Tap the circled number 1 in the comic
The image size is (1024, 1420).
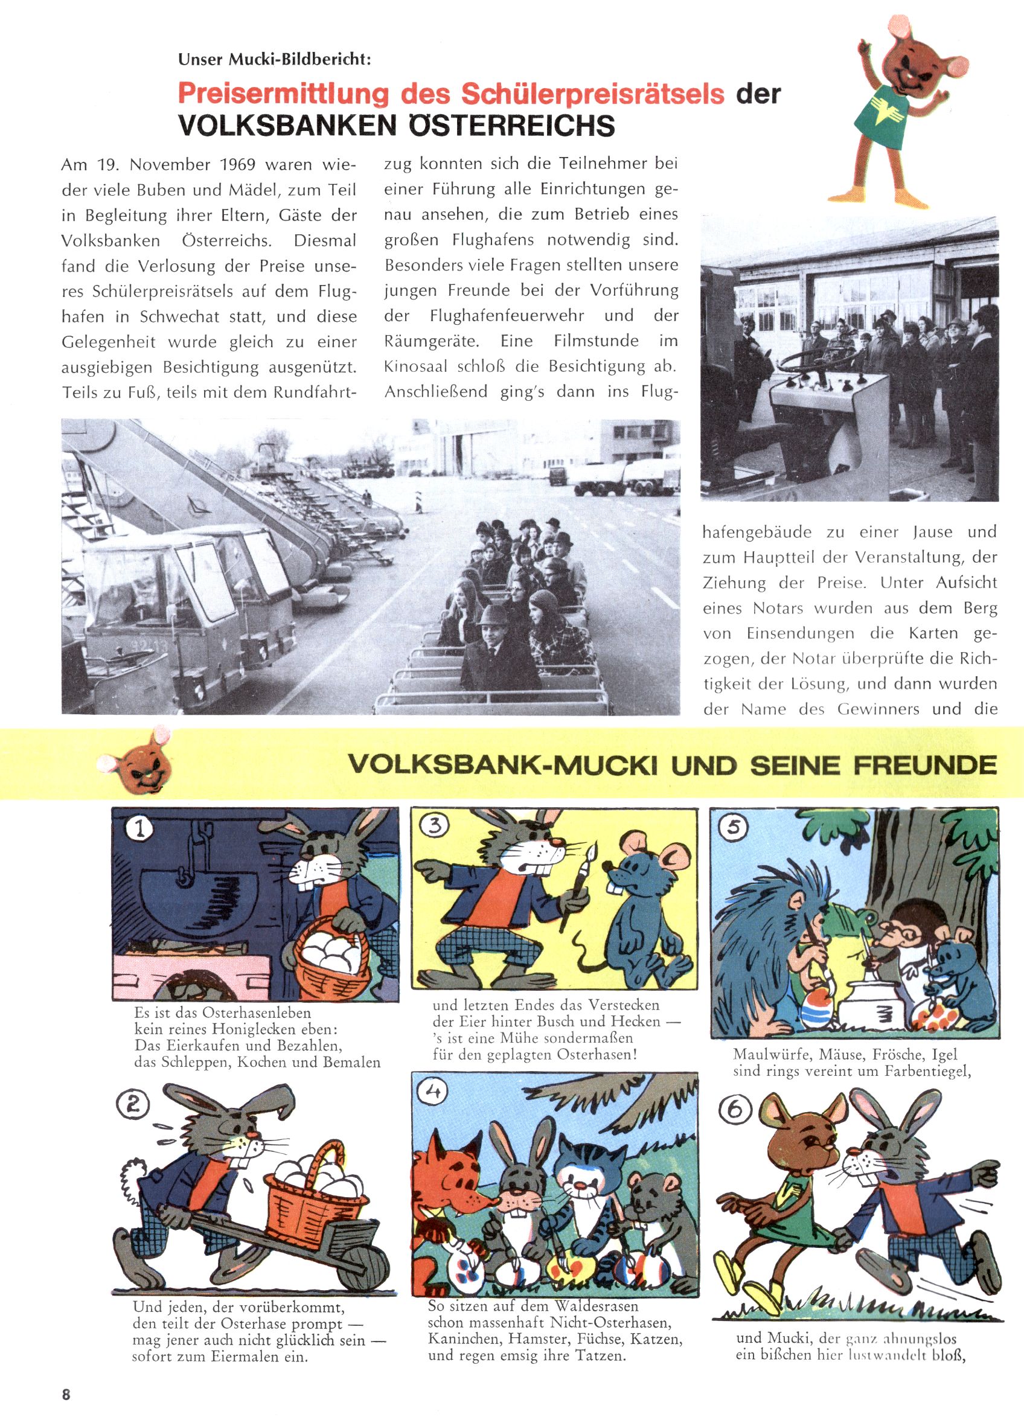tap(139, 828)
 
